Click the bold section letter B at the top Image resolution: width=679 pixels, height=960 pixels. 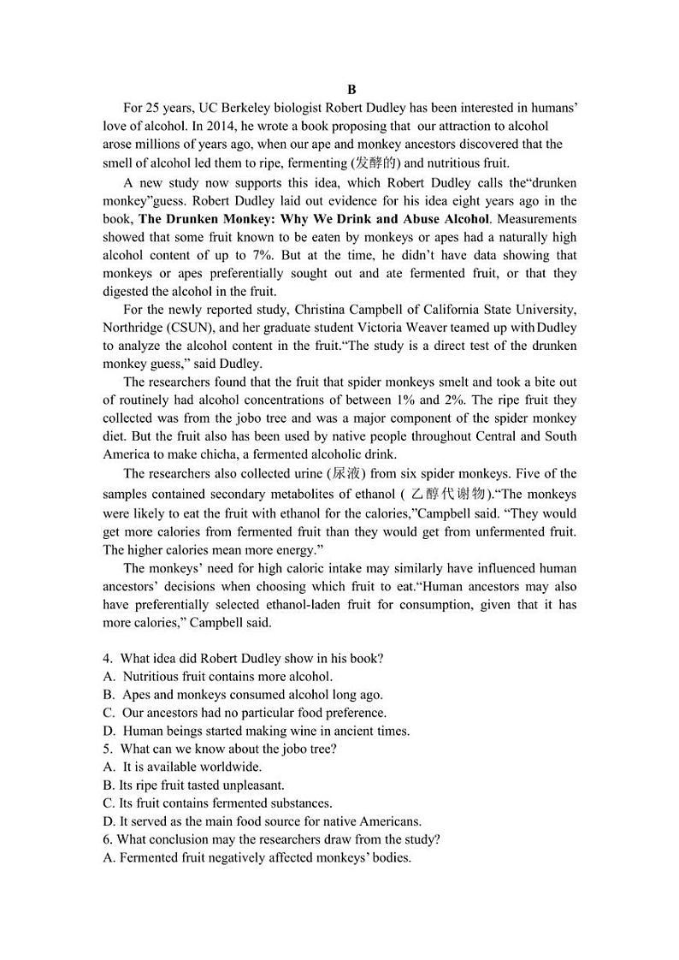click(351, 90)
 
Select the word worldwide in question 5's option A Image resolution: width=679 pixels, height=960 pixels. click(230, 767)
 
